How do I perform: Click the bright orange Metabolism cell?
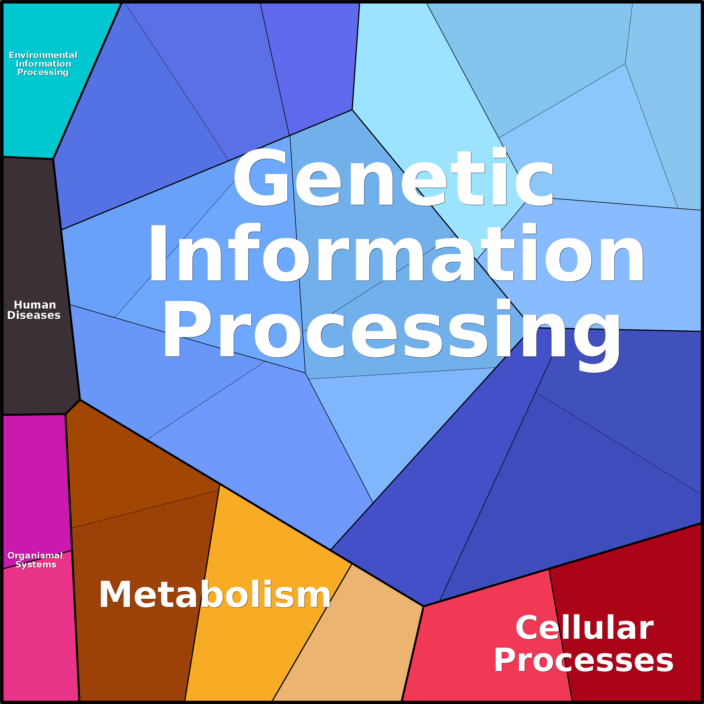pyautogui.click(x=255, y=546)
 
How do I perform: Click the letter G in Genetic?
pyautogui.click(x=261, y=177)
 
